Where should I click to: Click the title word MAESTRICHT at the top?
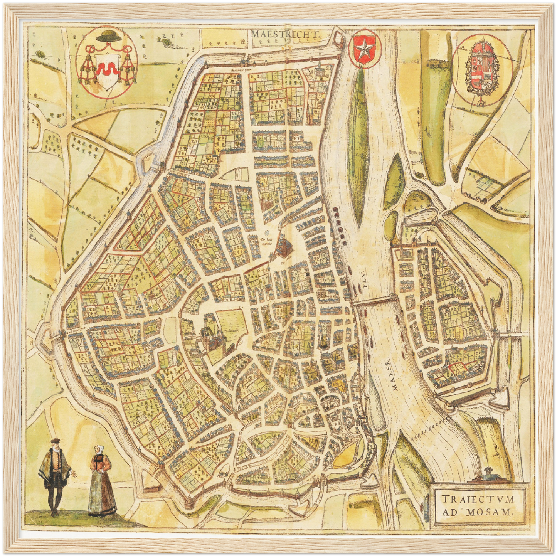[x=286, y=34]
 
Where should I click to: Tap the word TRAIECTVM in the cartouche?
[x=478, y=499]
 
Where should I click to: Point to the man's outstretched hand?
[x=75, y=475]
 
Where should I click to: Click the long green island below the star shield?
[x=358, y=146]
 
